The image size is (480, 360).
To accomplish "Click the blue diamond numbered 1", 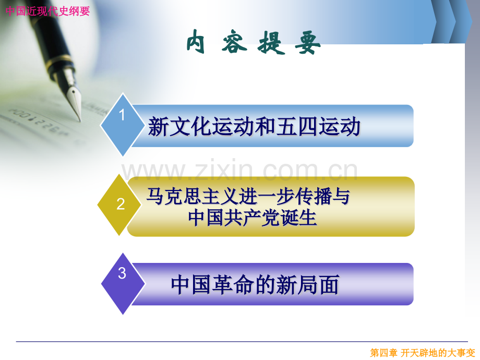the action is click(123, 125).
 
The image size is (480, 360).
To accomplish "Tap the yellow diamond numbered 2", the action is click(119, 205).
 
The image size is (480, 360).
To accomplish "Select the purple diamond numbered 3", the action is click(123, 284).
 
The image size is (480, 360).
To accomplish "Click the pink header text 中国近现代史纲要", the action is click(47, 11).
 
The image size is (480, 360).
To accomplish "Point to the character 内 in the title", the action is click(196, 42).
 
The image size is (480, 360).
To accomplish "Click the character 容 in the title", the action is click(234, 42).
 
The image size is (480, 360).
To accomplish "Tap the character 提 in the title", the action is click(271, 43).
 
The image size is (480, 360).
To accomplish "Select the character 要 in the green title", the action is click(308, 43).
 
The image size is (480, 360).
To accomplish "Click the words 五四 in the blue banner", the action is click(296, 126).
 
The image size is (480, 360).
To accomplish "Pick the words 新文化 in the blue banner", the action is click(179, 126).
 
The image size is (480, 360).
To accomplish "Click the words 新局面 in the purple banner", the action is click(308, 284).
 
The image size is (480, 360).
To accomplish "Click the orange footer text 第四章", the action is click(383, 353).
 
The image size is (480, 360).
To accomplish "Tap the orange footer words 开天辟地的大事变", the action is click(438, 353).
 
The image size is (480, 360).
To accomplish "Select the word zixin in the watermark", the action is click(227, 170).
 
